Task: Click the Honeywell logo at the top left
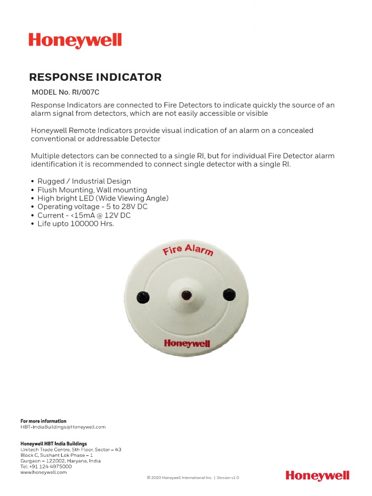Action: coord(75,41)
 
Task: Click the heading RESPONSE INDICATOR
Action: coord(95,77)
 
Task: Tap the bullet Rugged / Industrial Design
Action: coord(84,181)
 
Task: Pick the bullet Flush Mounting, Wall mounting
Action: coord(92,190)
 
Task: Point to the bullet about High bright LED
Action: coord(103,198)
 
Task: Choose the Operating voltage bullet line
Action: coord(92,207)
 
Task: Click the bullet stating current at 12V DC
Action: coord(84,215)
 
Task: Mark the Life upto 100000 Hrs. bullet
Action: coord(76,224)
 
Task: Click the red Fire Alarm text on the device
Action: coord(187,250)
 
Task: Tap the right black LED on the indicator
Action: coord(229,294)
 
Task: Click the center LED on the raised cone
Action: coord(186,295)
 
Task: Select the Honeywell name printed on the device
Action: coord(187,343)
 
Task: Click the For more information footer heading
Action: coord(43,421)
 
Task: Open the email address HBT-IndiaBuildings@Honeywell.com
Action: coord(63,427)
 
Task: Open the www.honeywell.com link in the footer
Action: coord(44,472)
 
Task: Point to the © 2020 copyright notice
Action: coord(193,478)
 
